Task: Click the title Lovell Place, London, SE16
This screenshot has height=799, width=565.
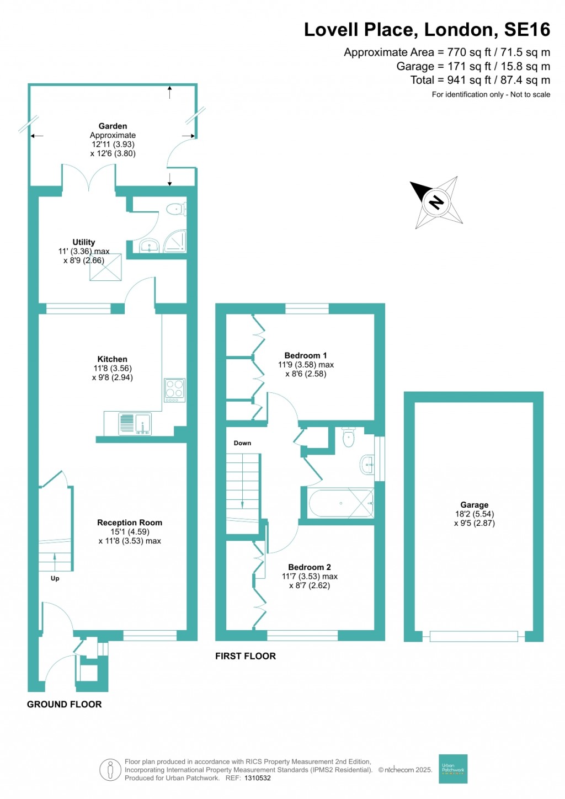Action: tap(427, 30)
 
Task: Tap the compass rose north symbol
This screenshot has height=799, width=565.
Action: tap(436, 202)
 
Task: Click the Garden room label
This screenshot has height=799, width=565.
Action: tap(113, 126)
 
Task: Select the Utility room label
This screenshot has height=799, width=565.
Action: tap(84, 242)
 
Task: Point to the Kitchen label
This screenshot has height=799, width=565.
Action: tap(112, 359)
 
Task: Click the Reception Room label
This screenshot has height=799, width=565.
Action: tap(130, 523)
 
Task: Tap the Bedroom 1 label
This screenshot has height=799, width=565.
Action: tap(306, 356)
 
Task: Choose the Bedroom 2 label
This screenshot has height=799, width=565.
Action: tap(310, 567)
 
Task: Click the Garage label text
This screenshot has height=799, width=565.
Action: tap(475, 505)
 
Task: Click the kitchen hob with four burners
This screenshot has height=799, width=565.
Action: tap(175, 390)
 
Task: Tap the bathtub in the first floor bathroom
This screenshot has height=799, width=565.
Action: tap(341, 503)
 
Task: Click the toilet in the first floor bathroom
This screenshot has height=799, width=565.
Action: tap(349, 438)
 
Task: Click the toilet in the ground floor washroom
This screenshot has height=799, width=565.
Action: tap(175, 209)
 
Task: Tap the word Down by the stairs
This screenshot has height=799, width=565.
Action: tap(242, 443)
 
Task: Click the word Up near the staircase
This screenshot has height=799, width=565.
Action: tap(55, 578)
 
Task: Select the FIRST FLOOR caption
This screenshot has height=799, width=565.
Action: tap(246, 656)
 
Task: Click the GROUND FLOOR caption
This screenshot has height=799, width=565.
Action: tap(65, 705)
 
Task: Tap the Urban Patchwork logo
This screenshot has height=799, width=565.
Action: tap(453, 769)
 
